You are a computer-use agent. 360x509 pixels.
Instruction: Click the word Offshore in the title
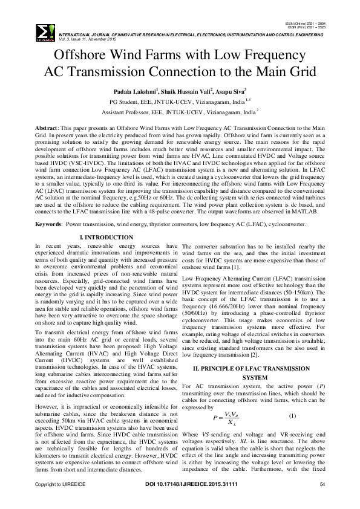(x=75, y=54)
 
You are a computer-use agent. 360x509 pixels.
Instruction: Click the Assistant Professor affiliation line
(x=179, y=112)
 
